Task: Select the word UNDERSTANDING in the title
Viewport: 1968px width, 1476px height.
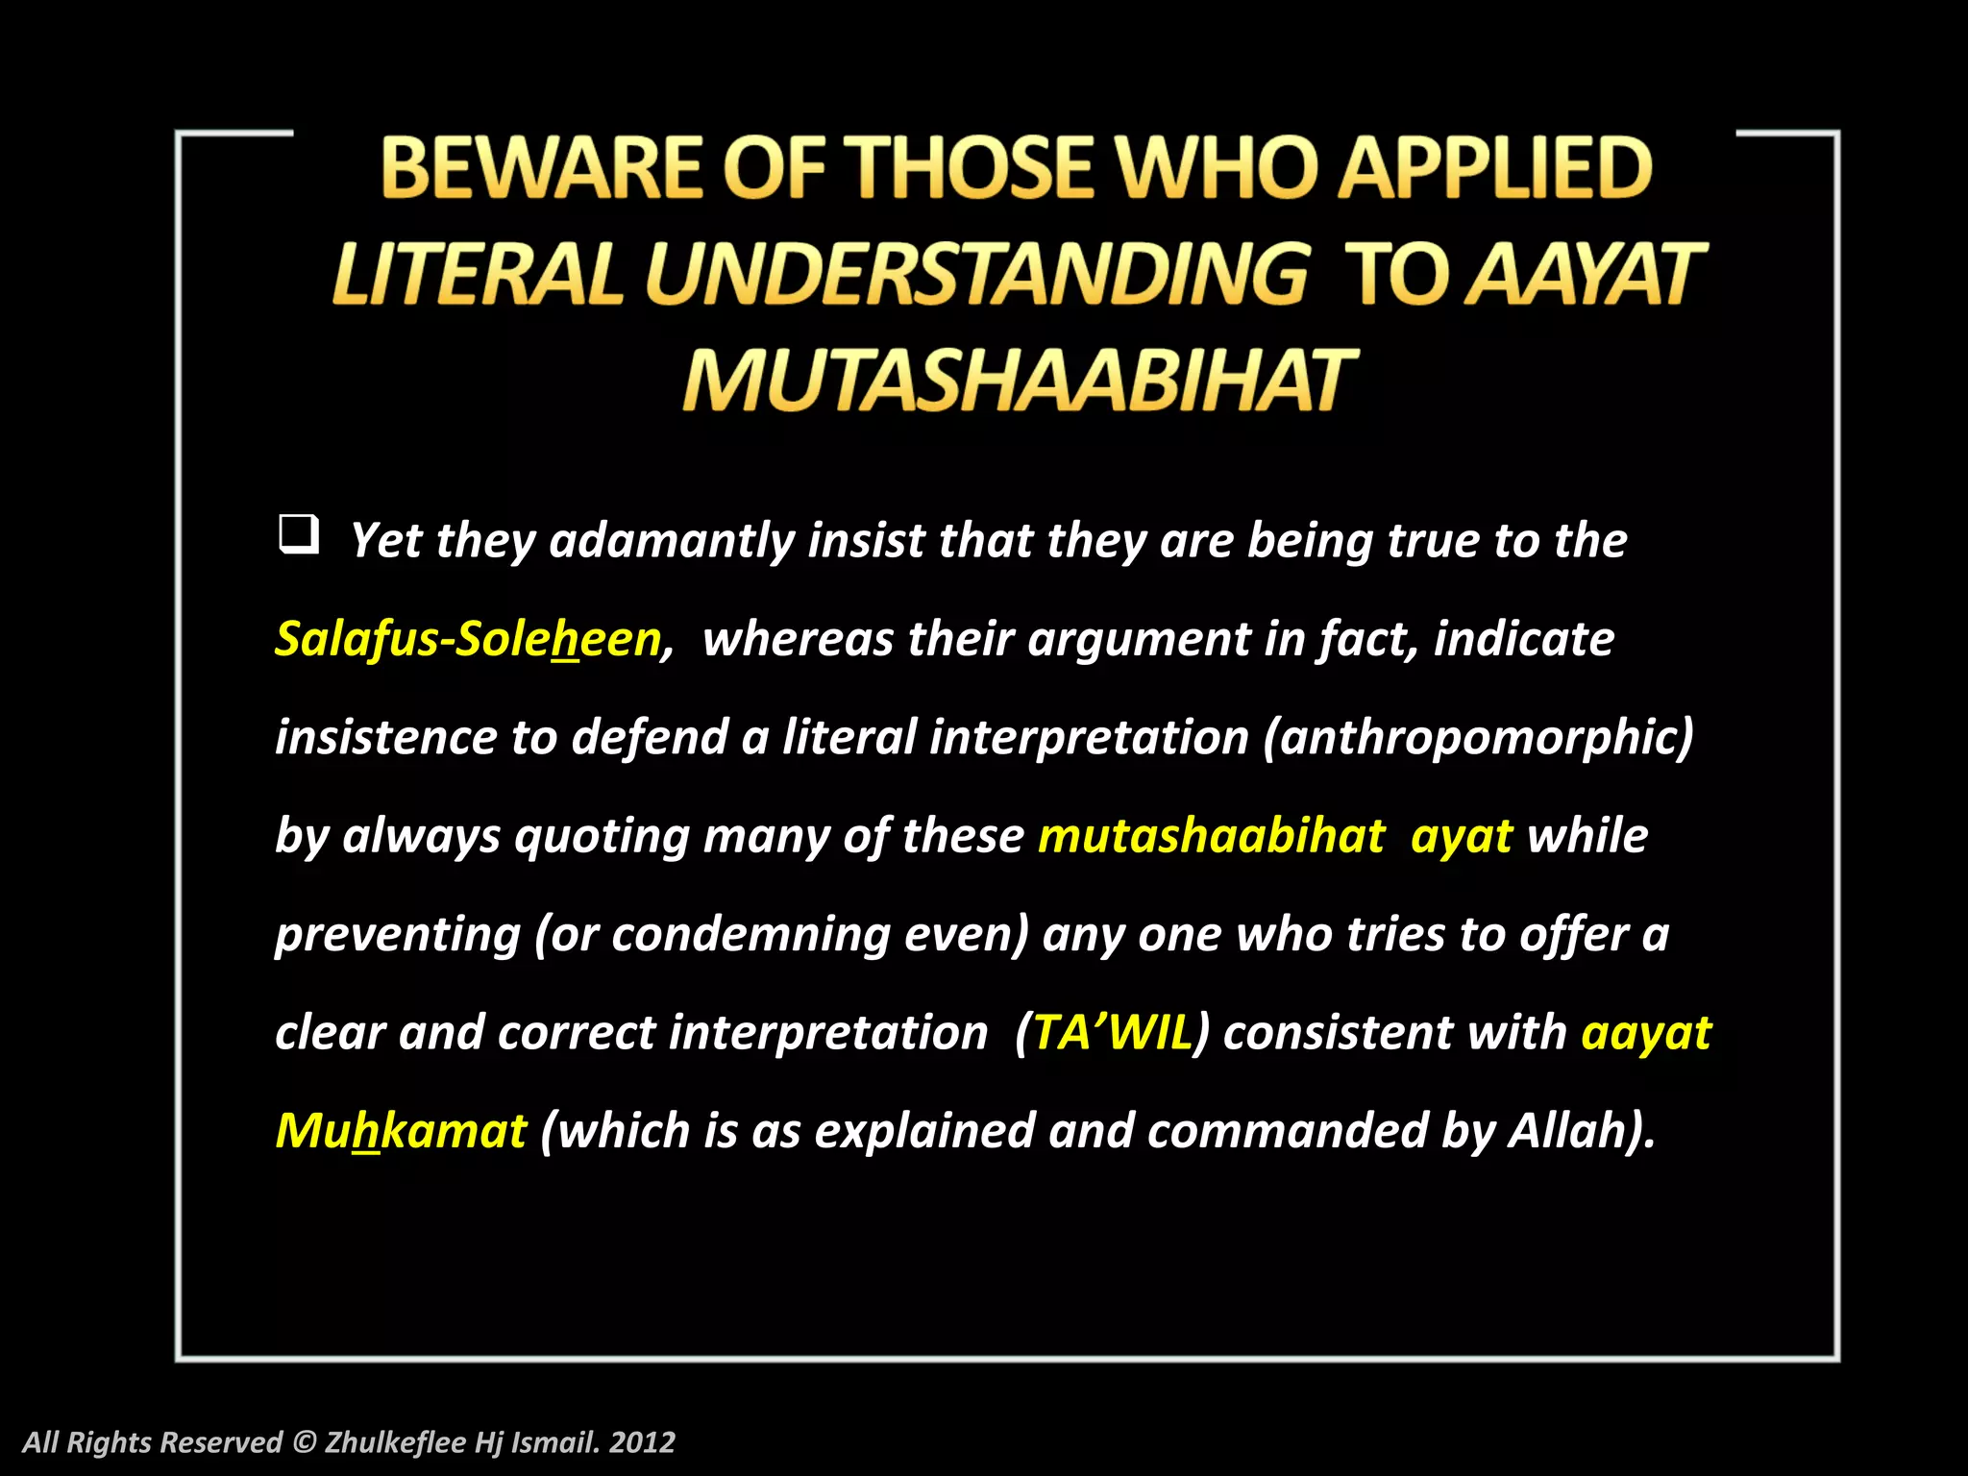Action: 976,275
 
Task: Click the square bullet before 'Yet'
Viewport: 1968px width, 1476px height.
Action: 298,534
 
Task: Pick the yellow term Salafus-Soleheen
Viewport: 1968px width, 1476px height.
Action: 469,639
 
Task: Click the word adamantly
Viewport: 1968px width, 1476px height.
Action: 671,541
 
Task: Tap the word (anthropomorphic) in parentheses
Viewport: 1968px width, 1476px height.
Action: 1478,738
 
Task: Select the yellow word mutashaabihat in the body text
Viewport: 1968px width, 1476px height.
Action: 1211,836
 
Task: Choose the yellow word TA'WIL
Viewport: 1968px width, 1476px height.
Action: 1112,1033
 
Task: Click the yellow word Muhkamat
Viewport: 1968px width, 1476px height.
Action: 401,1131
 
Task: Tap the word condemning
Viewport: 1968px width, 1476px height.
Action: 750,934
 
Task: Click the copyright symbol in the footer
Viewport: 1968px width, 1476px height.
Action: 304,1442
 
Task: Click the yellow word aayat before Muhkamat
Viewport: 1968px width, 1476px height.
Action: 1646,1033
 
